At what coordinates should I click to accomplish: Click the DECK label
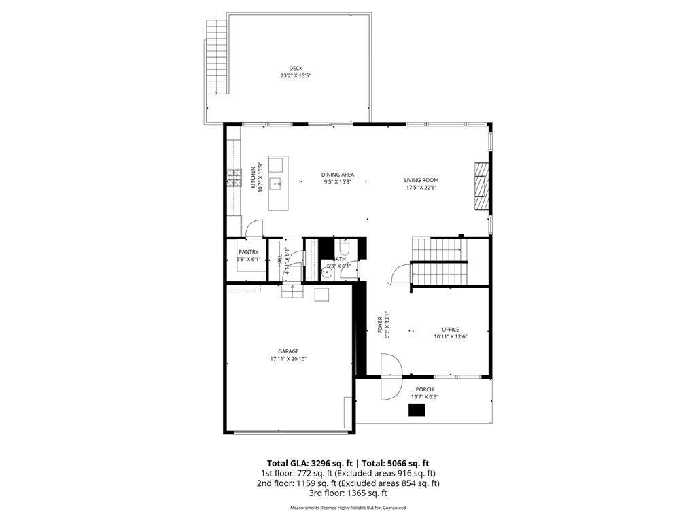click(x=296, y=68)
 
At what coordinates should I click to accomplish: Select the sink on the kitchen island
click(x=277, y=182)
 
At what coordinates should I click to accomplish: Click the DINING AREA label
click(x=338, y=175)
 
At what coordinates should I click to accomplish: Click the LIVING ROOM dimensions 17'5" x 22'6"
click(x=421, y=188)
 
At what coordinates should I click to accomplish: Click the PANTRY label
click(x=248, y=252)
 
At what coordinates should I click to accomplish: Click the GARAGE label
click(x=288, y=351)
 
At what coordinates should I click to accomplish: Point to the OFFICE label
click(x=450, y=330)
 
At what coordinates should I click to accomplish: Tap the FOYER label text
click(x=381, y=325)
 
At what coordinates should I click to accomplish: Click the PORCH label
click(x=425, y=389)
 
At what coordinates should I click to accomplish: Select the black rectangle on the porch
click(x=417, y=409)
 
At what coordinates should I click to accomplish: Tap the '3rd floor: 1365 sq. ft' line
click(x=348, y=493)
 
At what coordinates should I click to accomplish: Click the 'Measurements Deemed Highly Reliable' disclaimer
click(x=348, y=508)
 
